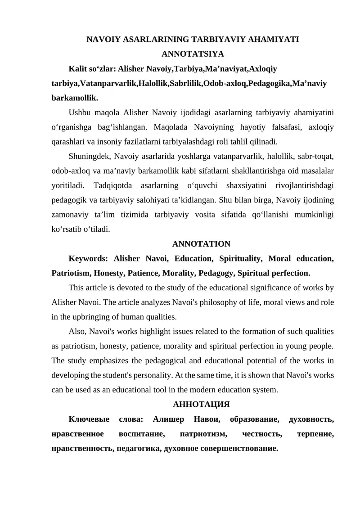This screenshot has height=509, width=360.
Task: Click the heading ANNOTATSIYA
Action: click(x=193, y=54)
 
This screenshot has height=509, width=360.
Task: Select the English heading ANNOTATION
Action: click(x=201, y=244)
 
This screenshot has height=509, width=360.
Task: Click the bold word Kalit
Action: click(x=77, y=69)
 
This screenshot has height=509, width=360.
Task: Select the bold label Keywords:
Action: click(x=88, y=258)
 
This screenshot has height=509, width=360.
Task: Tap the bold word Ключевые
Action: click(x=89, y=419)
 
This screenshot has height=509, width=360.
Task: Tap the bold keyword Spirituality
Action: click(x=240, y=258)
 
